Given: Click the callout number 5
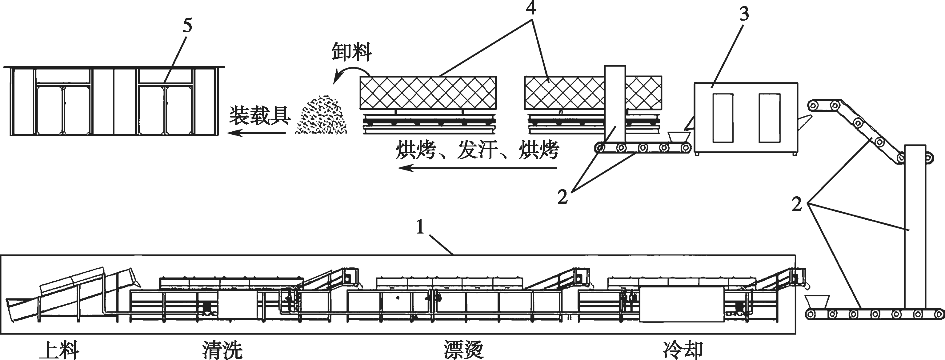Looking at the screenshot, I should click(187, 26).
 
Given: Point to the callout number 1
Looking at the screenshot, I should click(420, 227).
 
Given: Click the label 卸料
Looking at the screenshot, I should click(352, 52).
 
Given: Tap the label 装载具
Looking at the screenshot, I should click(260, 116).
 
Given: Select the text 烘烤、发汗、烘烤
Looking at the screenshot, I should click(477, 150).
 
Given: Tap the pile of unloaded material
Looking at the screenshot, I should click(322, 116).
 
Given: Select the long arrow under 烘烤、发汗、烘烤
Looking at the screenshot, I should click(477, 168).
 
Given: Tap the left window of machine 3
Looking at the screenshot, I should click(723, 118).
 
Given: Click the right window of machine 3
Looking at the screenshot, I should click(769, 118).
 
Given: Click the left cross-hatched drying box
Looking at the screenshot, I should click(428, 93).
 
